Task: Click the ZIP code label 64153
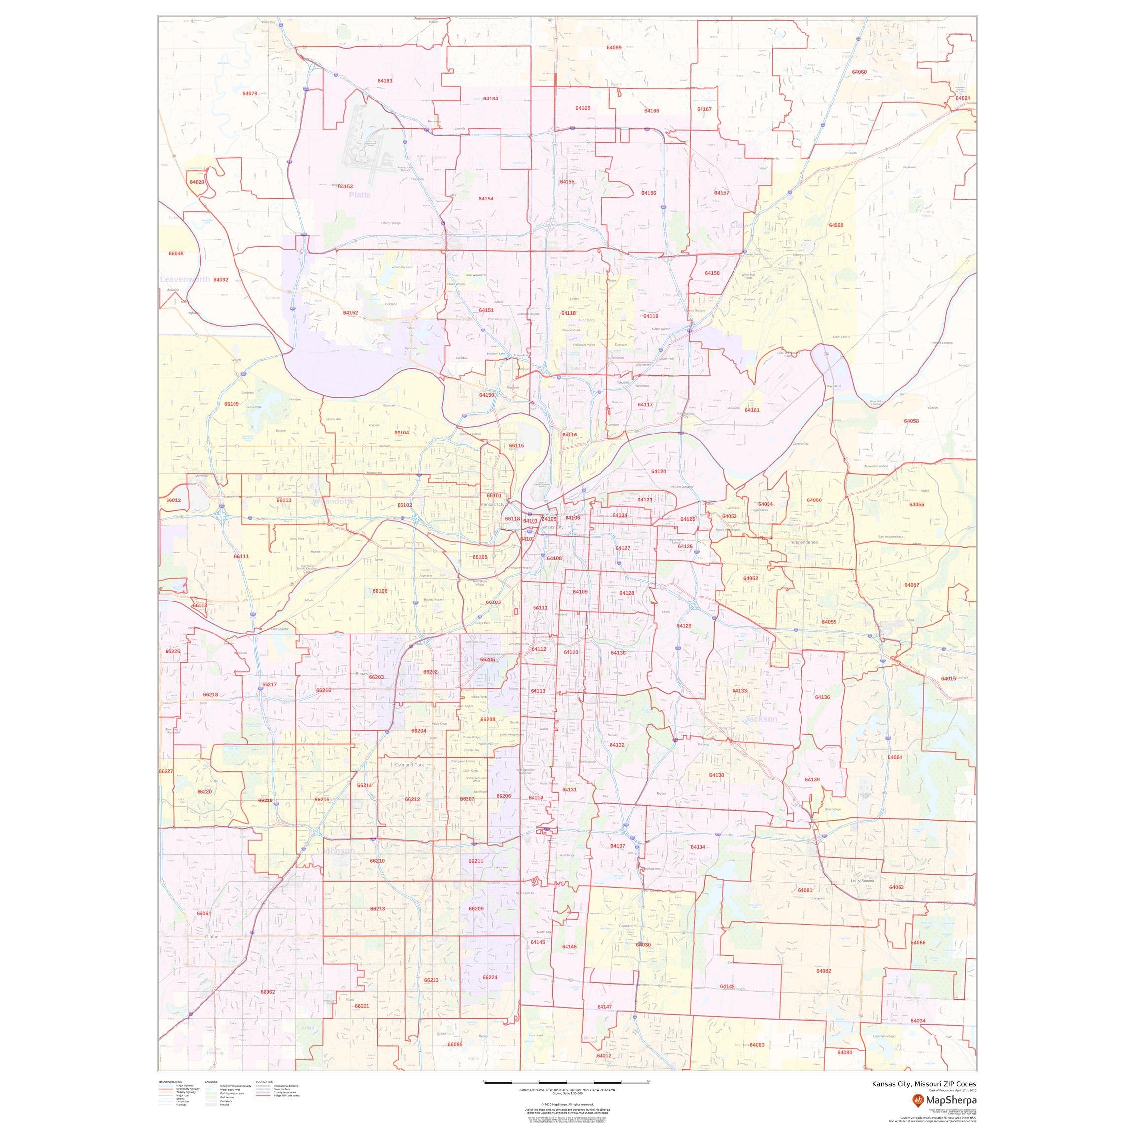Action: pos(345,186)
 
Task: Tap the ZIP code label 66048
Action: pos(176,254)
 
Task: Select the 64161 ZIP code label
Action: pos(752,410)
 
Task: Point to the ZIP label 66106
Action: pos(379,591)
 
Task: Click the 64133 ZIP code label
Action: pos(739,691)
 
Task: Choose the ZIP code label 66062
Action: pos(267,992)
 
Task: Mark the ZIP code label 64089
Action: pos(614,48)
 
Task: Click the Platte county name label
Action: pos(360,195)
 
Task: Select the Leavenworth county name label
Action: pos(184,280)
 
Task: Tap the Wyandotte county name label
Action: pos(333,501)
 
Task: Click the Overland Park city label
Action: pos(409,765)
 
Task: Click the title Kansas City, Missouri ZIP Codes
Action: pos(924,1084)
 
